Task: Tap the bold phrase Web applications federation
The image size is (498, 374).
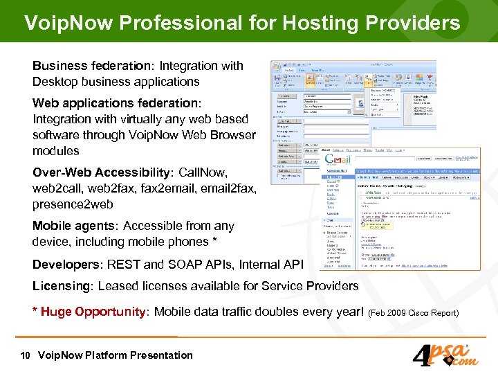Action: (x=116, y=103)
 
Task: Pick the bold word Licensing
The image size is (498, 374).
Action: (x=62, y=286)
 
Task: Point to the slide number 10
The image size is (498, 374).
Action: (x=25, y=355)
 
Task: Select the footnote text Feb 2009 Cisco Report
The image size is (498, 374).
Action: (x=414, y=313)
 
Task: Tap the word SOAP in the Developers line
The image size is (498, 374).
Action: (x=184, y=265)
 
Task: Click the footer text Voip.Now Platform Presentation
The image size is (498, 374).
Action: (x=116, y=355)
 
